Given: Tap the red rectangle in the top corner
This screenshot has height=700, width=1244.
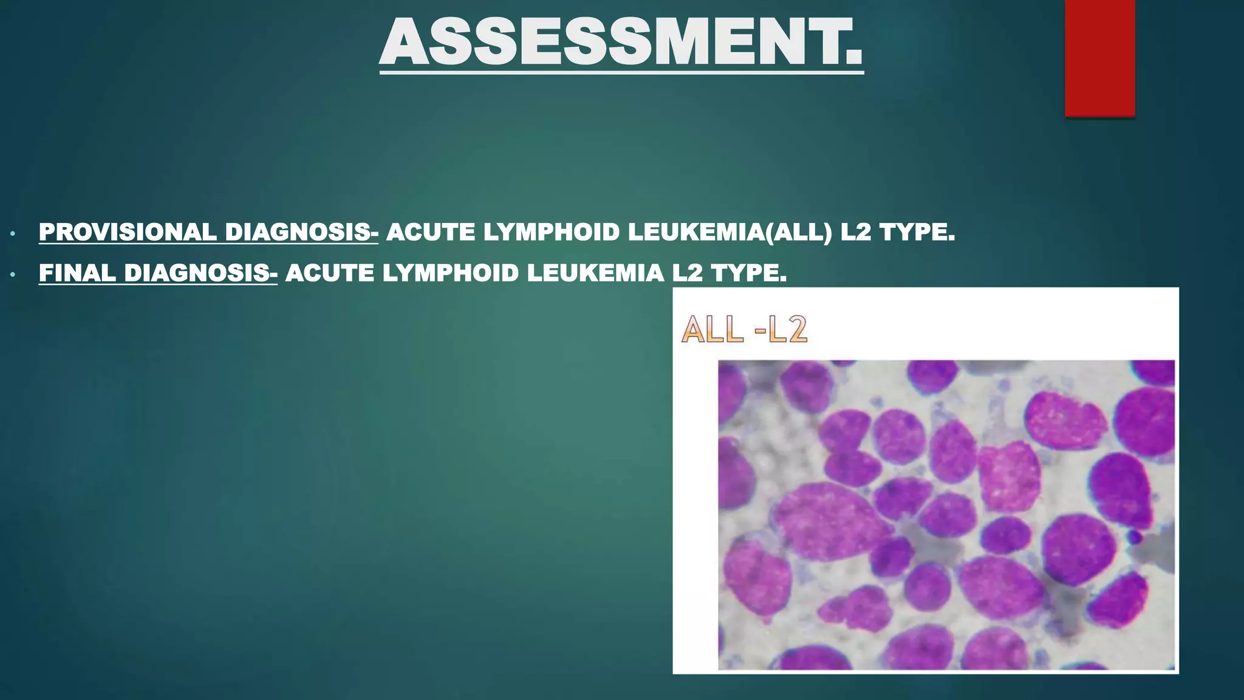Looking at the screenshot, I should [1099, 58].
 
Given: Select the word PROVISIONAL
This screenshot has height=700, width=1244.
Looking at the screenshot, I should [128, 232].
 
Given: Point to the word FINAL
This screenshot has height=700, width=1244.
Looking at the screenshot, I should [77, 273].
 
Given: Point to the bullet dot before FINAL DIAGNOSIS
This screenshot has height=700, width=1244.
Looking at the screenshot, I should [12, 275].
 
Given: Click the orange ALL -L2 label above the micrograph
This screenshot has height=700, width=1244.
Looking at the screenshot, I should [745, 331].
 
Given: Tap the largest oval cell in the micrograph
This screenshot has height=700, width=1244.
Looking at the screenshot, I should [829, 521].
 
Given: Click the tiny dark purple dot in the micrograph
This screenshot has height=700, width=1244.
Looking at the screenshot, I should [1134, 537].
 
